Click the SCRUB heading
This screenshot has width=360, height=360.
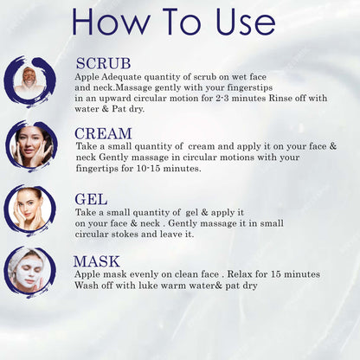pos(103,63)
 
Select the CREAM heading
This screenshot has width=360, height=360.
pos(103,133)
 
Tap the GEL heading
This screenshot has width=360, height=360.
pos(91,199)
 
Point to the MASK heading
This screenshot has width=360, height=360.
pos(96,261)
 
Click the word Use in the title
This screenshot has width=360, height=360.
pos(245,22)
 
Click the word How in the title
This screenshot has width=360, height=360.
pos(111,21)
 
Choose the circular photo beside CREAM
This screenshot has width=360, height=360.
pos(31,146)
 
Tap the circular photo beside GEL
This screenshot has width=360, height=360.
pos(30,210)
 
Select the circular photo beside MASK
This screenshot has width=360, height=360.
pos(29,272)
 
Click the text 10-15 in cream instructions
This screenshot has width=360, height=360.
pos(148,169)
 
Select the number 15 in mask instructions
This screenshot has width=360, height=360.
pos(276,274)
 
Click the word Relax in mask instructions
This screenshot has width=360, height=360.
pos(240,274)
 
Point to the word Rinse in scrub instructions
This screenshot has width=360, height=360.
pos(280,98)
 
